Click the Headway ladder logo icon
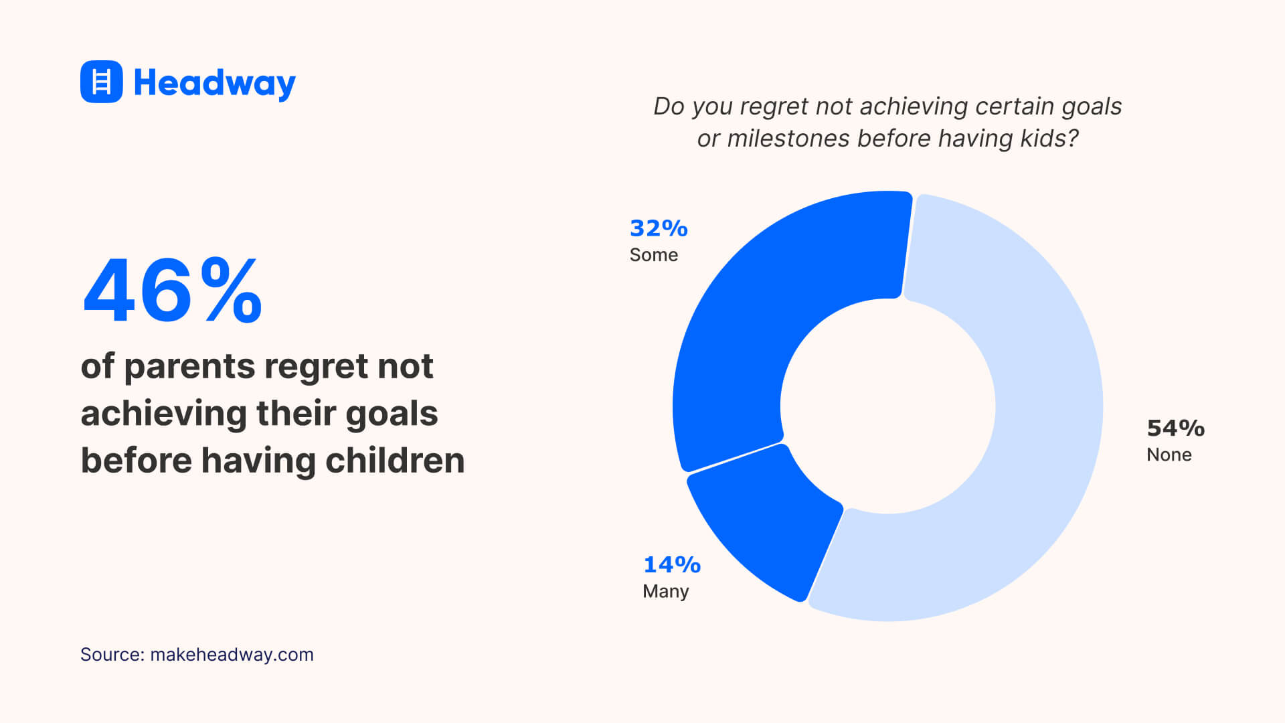click(x=101, y=82)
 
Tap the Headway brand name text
click(x=214, y=83)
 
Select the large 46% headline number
click(x=172, y=291)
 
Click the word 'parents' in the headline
click(x=189, y=368)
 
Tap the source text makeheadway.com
click(x=232, y=655)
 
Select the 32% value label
click(x=659, y=229)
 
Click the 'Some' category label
click(x=653, y=255)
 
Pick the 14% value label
click(x=671, y=565)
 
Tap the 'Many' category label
click(x=665, y=592)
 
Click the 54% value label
click(x=1175, y=428)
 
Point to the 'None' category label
click(x=1169, y=455)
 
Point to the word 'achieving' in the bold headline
click(x=163, y=414)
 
